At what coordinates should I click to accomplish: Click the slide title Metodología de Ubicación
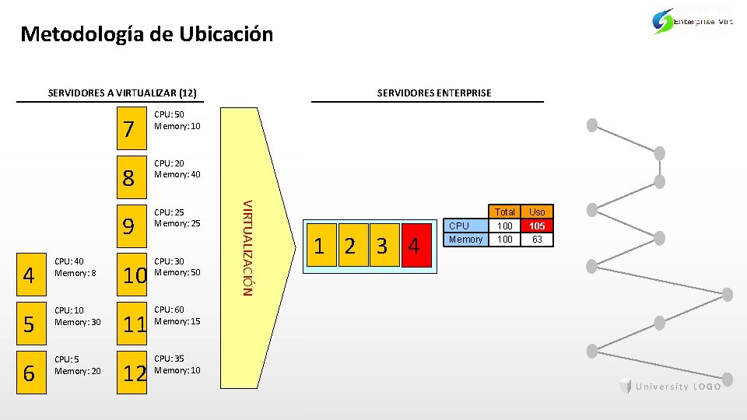click(147, 34)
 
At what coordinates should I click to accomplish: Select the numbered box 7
click(131, 128)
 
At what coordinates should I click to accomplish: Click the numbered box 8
click(131, 178)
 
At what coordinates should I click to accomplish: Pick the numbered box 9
click(131, 226)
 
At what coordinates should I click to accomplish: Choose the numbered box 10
click(135, 275)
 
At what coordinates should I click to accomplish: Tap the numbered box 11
click(135, 324)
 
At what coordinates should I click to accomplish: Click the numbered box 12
click(135, 373)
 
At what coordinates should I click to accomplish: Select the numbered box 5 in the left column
click(29, 324)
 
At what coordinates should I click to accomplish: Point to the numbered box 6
click(29, 373)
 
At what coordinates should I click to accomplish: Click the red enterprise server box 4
click(414, 247)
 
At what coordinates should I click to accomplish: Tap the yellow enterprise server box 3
click(382, 247)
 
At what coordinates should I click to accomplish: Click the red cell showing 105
click(537, 226)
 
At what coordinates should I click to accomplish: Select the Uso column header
click(537, 212)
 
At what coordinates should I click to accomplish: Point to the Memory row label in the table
click(466, 239)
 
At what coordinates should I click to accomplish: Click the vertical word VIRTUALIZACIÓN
click(246, 247)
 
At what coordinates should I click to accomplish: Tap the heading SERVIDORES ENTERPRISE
click(434, 93)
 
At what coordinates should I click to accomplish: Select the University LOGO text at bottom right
click(678, 387)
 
